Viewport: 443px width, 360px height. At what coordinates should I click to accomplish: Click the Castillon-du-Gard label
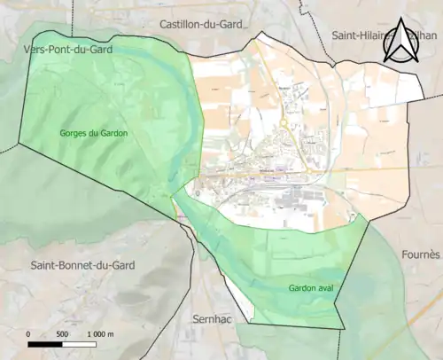(x=207, y=23)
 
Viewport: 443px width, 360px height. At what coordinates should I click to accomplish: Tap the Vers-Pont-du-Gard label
(x=61, y=51)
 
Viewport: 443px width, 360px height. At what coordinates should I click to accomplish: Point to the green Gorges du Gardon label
(x=93, y=133)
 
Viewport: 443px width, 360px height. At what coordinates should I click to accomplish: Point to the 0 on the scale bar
(x=28, y=334)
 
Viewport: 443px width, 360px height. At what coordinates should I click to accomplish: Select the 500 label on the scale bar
(x=61, y=334)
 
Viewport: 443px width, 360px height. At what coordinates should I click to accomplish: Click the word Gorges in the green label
(x=75, y=133)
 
